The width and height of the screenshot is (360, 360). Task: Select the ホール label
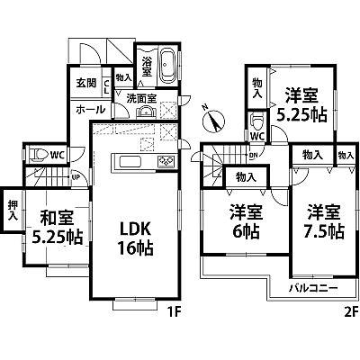(x=87, y=110)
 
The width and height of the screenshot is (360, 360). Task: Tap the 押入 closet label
(x=12, y=208)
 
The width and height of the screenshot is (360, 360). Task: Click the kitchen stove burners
(x=166, y=163)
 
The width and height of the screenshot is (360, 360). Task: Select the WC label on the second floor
(x=257, y=137)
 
